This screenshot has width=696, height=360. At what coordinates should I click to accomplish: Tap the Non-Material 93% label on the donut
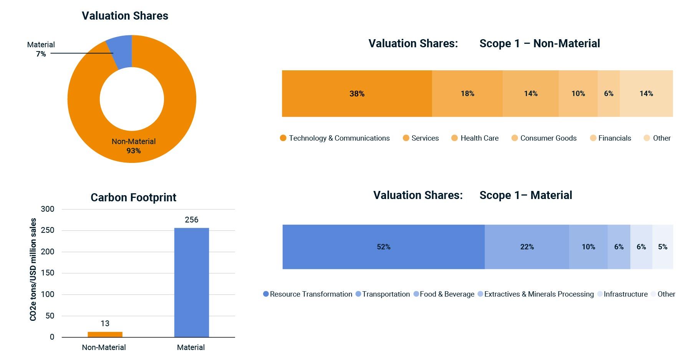pos(134,146)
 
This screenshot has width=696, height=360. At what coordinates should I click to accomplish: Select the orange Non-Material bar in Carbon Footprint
pos(105,334)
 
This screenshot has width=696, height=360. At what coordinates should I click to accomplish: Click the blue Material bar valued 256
pos(191,282)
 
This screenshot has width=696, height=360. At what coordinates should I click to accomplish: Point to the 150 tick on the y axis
pos(48,273)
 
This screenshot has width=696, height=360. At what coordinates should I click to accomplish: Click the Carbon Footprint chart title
pos(133,197)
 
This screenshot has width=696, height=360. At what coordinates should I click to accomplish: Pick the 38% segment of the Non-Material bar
pos(357,93)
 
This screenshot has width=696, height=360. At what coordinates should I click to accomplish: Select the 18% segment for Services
pos(467,93)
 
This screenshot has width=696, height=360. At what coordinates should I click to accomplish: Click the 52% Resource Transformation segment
pos(383,247)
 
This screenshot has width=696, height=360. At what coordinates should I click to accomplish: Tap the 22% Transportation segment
pos(527,247)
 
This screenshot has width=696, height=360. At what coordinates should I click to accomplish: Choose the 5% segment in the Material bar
pos(663,247)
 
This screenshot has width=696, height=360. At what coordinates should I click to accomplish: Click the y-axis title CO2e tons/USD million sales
pos(33,269)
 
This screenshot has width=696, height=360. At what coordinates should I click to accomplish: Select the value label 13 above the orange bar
pos(105,324)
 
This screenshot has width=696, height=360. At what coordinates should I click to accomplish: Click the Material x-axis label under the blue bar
pos(191,347)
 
